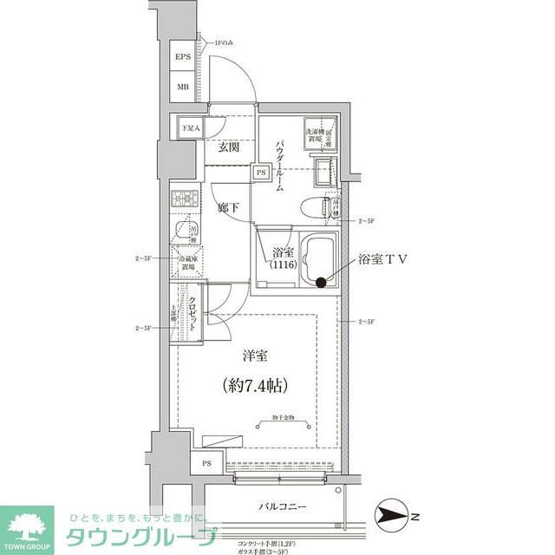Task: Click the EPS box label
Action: pyautogui.click(x=183, y=58)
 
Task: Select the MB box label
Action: pyautogui.click(x=183, y=87)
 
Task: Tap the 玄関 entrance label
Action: pyautogui.click(x=228, y=147)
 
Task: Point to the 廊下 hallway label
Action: pyautogui.click(x=228, y=208)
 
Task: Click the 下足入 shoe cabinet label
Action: pyautogui.click(x=190, y=128)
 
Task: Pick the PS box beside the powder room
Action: pyautogui.click(x=260, y=172)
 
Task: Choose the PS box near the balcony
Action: pyautogui.click(x=206, y=463)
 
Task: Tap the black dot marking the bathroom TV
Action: pyautogui.click(x=321, y=281)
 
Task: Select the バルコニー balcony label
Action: pyautogui.click(x=282, y=506)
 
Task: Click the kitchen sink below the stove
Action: pyautogui.click(x=183, y=232)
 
